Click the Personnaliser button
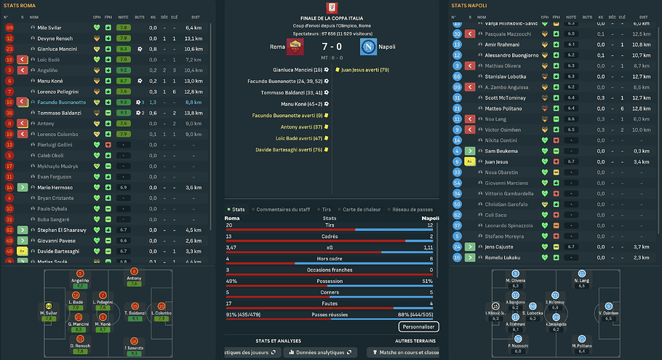coord(412,328)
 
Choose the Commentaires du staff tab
coord(283,209)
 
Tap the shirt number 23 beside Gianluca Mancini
coord(9,49)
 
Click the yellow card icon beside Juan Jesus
coord(469,161)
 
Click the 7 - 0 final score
coord(332,47)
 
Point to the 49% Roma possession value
coord(232,281)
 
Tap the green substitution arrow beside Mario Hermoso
coord(23,188)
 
